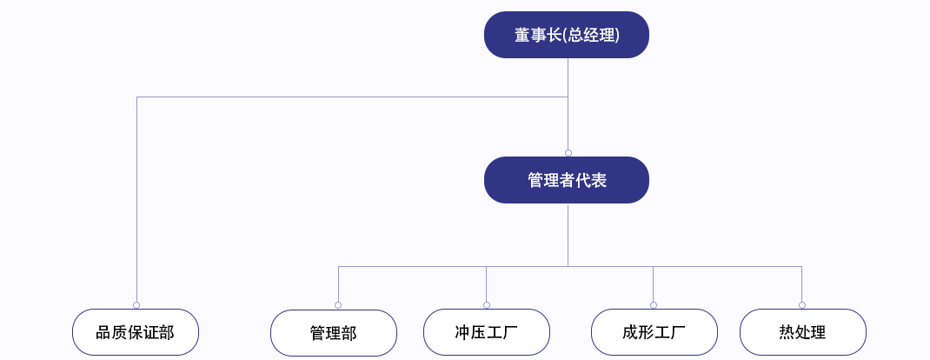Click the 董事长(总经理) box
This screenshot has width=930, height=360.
pos(567,35)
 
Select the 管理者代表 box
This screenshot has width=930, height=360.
pos(567,180)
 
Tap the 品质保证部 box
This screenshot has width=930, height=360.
pos(136,332)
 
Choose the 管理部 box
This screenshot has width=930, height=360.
pos(334,333)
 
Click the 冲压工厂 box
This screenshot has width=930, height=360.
pos(487,332)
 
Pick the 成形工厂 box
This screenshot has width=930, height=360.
pos(654,332)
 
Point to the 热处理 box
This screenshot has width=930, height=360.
pos(803,332)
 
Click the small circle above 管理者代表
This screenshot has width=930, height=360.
pos(568,153)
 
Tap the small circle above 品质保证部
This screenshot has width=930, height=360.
pos(136,305)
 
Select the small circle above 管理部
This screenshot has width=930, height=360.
pos(338,305)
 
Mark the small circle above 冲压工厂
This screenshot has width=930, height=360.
pos(487,305)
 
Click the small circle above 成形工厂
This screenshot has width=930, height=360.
pos(653,305)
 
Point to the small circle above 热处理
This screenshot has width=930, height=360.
pos(802,305)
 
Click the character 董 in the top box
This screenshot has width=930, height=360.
pos(522,36)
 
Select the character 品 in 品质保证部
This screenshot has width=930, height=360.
pos(103,332)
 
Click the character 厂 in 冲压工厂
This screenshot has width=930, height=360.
pos(510,332)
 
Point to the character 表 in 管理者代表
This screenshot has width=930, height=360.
pos(599,180)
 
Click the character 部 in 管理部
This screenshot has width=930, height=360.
pos(349,333)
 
